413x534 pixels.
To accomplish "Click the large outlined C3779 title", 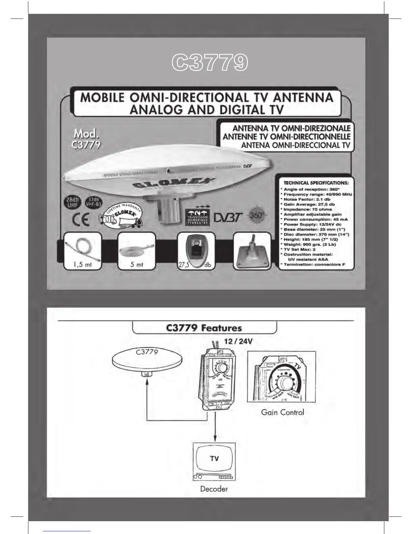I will click(x=210, y=63).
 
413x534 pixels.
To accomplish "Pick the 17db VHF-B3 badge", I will click(x=93, y=202).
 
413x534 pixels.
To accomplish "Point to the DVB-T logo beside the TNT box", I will click(x=228, y=218).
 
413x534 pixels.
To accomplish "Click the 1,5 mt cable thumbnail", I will click(x=83, y=251).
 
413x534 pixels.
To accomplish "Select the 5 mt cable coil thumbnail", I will click(x=136, y=251).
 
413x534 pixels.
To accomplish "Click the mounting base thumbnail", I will click(x=252, y=251).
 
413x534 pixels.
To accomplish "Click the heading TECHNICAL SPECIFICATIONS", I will click(x=316, y=183).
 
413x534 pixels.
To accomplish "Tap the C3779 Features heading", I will click(x=204, y=328).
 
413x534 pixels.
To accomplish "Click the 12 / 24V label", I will click(x=239, y=341).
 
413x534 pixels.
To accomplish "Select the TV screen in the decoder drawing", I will click(x=214, y=458).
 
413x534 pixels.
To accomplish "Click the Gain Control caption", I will click(x=282, y=412).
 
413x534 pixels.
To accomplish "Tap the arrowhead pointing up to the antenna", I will click(x=147, y=381).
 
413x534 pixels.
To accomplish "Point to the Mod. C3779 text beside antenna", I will click(x=86, y=139).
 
